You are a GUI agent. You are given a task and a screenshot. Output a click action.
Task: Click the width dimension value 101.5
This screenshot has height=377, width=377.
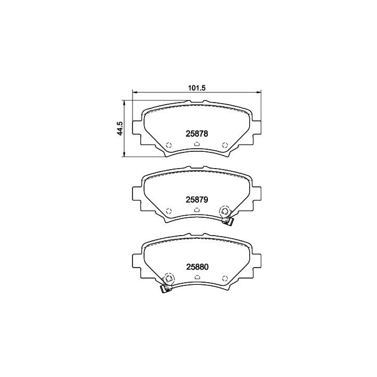196,88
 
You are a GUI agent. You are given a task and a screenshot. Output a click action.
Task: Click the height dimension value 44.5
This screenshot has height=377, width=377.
120,128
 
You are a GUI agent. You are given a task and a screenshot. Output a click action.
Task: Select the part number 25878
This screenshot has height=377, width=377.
197,134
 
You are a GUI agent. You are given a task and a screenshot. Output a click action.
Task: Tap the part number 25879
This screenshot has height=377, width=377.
197,199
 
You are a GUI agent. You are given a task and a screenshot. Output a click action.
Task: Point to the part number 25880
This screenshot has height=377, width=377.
197,267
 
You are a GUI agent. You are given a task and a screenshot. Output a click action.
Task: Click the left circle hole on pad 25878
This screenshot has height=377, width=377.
169,145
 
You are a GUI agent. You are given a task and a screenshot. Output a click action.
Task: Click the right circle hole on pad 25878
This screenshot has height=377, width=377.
225,145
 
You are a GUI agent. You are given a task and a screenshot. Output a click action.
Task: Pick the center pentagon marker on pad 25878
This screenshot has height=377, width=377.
197,144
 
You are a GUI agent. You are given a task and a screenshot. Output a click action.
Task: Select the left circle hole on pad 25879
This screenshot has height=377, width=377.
169,211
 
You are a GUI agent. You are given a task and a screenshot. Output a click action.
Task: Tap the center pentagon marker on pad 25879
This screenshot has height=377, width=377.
197,210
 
